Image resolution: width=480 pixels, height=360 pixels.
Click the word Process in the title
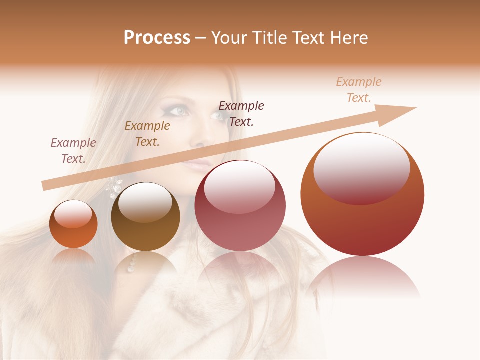point(157,38)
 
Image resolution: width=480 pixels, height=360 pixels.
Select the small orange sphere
point(73,224)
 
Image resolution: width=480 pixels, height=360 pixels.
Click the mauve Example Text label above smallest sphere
point(73,151)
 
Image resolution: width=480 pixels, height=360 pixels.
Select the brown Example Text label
point(147,134)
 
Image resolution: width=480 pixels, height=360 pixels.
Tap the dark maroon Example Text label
point(241,113)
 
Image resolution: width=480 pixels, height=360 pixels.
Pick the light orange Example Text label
point(359,90)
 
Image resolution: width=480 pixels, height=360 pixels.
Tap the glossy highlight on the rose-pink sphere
point(239,186)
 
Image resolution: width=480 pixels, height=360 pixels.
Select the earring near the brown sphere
point(113,187)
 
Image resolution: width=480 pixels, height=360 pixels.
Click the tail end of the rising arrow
point(46,186)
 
